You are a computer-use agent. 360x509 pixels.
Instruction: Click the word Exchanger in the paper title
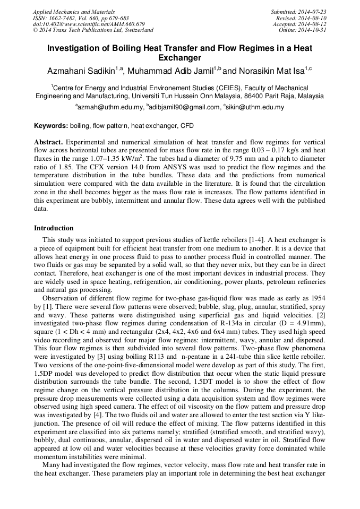[180, 57]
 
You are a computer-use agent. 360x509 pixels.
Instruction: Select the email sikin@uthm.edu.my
[253, 107]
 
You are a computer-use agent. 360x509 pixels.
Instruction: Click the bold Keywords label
[51, 126]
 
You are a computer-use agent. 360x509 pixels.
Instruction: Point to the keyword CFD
[187, 126]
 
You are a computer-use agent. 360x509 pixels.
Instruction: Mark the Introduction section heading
[54, 228]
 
